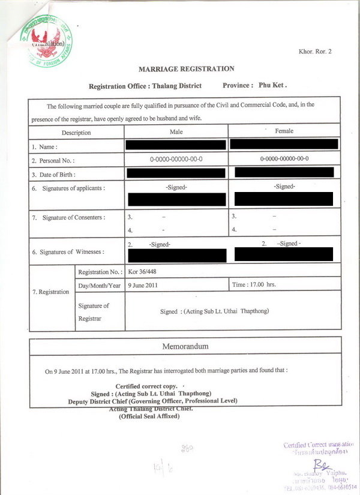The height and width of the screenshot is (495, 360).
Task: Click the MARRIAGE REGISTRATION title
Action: click(187, 69)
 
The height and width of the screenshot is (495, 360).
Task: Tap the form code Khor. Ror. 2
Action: click(315, 52)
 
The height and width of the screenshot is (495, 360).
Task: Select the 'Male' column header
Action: click(176, 131)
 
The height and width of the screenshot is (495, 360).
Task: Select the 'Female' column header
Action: click(284, 131)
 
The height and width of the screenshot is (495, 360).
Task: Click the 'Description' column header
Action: click(76, 133)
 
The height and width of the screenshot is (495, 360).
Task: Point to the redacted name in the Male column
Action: click(176, 145)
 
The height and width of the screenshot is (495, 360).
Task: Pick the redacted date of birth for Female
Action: click(284, 173)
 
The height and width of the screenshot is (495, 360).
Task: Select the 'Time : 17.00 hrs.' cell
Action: click(254, 284)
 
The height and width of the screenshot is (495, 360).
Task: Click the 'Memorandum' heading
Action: click(185, 347)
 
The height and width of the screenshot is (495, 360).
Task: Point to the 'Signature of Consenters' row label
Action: click(69, 217)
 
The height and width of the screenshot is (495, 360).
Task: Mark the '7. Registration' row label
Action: click(50, 292)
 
